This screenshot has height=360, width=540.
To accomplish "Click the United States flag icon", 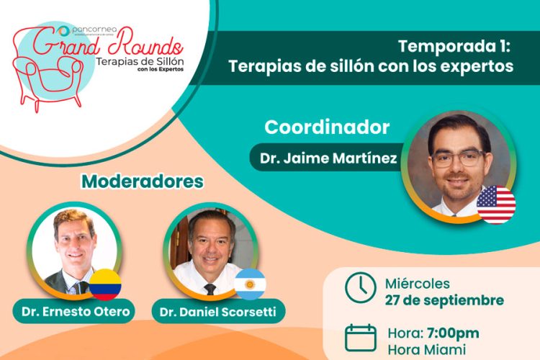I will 496,204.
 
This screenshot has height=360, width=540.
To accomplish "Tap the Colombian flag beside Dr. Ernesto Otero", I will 105,284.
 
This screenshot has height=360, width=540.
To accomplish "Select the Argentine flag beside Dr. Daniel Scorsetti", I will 250,284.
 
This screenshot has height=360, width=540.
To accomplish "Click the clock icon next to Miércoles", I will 360,287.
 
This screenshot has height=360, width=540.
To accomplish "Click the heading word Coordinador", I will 327,127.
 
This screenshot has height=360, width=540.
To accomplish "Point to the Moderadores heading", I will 143,181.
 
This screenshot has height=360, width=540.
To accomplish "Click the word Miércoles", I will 417,283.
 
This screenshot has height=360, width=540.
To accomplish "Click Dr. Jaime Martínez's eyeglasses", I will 459,158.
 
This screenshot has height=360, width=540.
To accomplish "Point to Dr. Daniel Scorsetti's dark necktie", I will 210,289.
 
